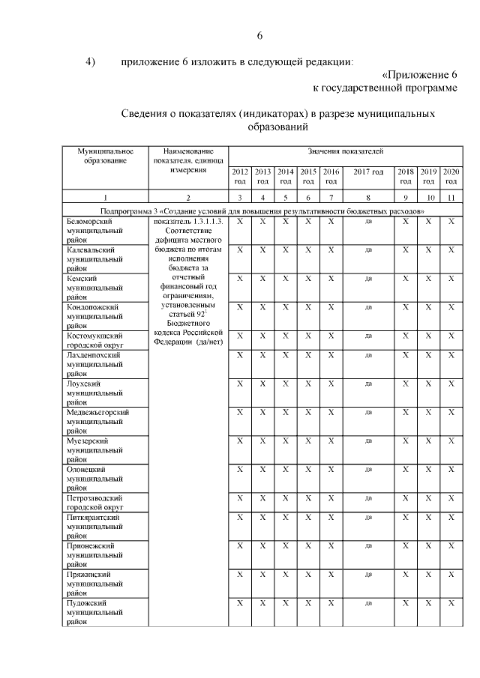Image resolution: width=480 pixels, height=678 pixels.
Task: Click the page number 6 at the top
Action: click(x=259, y=36)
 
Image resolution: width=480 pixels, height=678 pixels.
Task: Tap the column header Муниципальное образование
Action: click(x=106, y=156)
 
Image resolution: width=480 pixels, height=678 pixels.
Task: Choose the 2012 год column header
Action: click(x=239, y=176)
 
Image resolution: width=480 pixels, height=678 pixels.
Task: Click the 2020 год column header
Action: click(x=451, y=176)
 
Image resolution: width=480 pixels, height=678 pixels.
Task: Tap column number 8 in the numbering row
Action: click(x=368, y=198)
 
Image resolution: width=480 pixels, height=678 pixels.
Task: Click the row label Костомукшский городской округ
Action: click(x=95, y=340)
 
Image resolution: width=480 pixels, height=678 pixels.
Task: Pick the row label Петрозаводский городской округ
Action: click(x=95, y=502)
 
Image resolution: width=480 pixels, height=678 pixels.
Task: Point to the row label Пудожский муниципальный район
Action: click(x=95, y=611)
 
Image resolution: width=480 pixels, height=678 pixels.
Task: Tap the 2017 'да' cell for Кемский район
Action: click(x=368, y=278)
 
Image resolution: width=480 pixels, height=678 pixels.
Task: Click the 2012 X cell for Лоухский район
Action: click(x=239, y=384)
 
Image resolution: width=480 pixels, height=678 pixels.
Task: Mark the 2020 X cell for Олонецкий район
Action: click(x=451, y=469)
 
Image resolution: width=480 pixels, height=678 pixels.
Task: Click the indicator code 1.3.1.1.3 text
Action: click(x=188, y=222)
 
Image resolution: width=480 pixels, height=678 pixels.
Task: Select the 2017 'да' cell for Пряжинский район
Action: click(x=368, y=574)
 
